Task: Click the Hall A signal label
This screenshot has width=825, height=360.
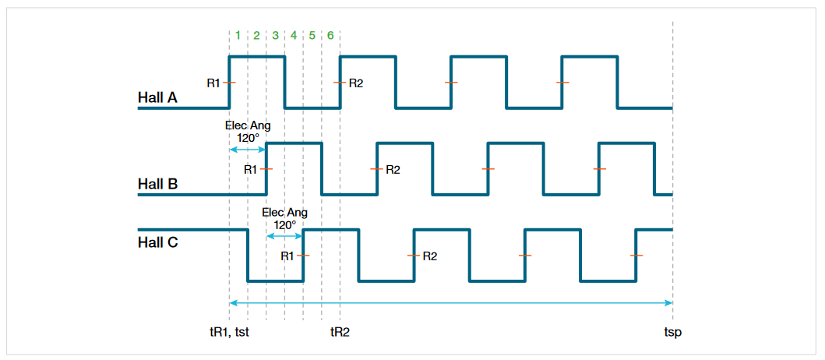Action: click(157, 98)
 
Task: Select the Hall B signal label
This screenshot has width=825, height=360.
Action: click(157, 185)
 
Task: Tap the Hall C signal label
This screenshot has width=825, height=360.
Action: click(158, 242)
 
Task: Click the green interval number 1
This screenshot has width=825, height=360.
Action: click(238, 35)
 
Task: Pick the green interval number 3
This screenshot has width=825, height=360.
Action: click(275, 35)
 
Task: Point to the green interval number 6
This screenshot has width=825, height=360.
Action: click(331, 35)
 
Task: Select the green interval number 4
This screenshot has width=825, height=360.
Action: click(294, 35)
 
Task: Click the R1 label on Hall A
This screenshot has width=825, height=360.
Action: click(213, 83)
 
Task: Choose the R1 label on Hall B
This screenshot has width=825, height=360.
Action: click(251, 169)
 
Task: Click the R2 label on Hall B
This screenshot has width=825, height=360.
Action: click(393, 169)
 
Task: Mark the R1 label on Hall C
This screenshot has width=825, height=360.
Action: click(287, 256)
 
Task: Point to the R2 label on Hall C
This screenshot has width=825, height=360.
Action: click(430, 256)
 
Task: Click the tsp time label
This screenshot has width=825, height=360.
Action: click(672, 332)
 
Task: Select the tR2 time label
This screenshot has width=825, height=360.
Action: click(340, 332)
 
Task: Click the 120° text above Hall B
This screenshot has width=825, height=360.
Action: click(247, 138)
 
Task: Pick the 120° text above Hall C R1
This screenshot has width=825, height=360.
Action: click(284, 224)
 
